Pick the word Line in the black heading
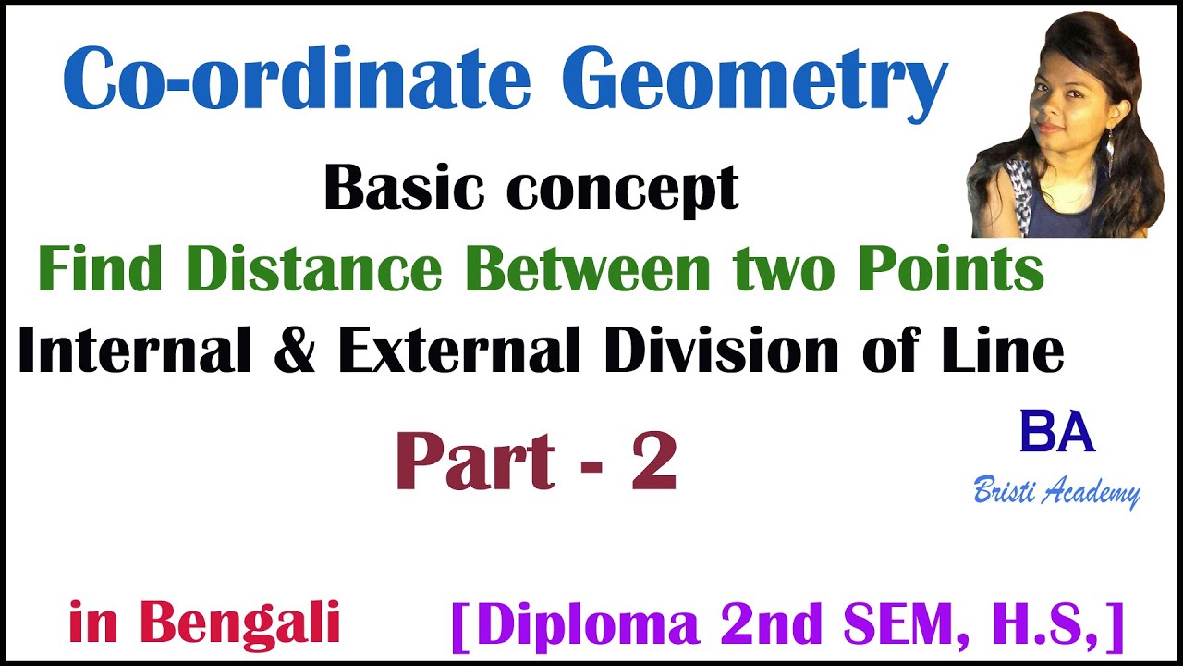pyautogui.click(x=1011, y=351)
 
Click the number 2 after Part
pyautogui.click(x=654, y=462)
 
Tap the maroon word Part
pyautogui.click(x=475, y=462)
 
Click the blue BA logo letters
pyautogui.click(x=1057, y=433)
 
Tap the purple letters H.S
pyautogui.click(x=1053, y=624)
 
